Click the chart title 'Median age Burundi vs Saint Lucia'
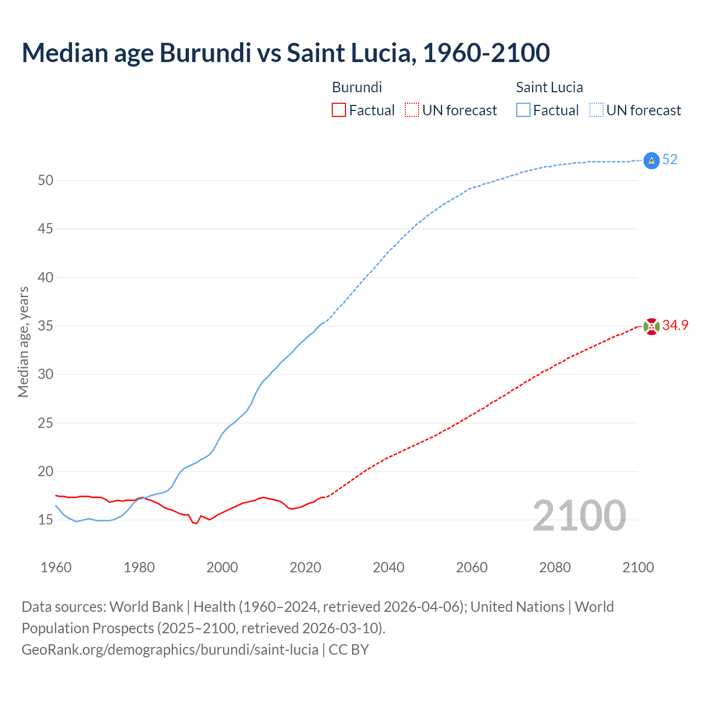click(x=286, y=53)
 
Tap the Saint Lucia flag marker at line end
click(x=651, y=160)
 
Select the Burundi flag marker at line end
click(x=651, y=326)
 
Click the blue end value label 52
click(x=669, y=160)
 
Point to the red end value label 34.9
click(x=675, y=326)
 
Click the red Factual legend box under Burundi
click(x=339, y=110)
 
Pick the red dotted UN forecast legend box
click(x=412, y=110)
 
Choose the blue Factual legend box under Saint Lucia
click(x=523, y=110)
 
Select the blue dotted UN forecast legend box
click(x=596, y=110)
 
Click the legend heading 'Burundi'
click(x=357, y=87)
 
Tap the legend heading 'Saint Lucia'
click(x=549, y=87)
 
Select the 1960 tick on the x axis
click(x=56, y=567)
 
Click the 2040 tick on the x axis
click(x=388, y=567)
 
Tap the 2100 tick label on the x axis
click(x=638, y=567)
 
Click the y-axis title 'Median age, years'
click(x=23, y=342)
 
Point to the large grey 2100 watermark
click(x=579, y=516)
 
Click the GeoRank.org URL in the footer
click(x=170, y=650)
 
